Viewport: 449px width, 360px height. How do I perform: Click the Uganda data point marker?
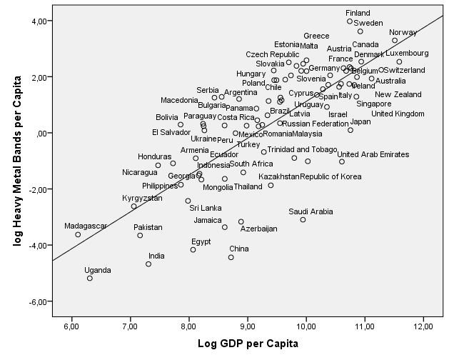tap(90, 278)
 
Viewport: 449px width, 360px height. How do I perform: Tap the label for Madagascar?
tap(85, 226)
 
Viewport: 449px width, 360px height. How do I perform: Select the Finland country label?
tap(358, 13)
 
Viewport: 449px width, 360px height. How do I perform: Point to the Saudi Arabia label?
tap(311, 211)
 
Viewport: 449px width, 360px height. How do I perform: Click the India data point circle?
tap(148, 264)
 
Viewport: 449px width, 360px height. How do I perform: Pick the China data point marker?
tap(231, 257)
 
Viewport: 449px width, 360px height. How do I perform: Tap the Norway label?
tap(403, 33)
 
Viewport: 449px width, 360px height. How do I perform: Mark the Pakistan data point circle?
tap(140, 235)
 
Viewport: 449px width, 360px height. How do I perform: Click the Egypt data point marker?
tap(193, 249)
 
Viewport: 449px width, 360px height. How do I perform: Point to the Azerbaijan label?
tap(258, 229)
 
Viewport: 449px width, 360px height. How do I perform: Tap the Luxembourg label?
tap(407, 53)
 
